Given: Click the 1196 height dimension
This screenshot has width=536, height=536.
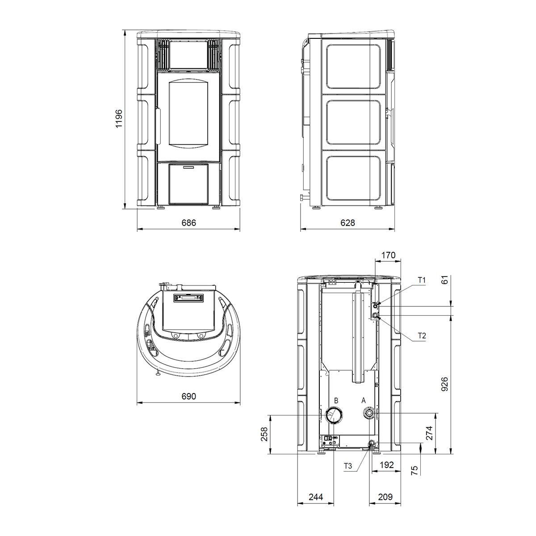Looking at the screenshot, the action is tap(119, 118).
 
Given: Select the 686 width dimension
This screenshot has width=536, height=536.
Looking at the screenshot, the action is tap(189, 222).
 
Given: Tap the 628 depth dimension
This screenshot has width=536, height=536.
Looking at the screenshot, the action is tap(348, 222).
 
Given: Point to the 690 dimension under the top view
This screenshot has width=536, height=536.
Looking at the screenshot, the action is tap(189, 396).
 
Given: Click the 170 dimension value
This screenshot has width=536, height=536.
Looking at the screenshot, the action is tap(388, 255).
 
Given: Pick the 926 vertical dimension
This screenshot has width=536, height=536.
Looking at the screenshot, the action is tap(445, 384).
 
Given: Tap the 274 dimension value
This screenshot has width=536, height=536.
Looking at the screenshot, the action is tap(430, 433).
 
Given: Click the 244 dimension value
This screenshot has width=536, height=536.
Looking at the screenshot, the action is tap(316, 497).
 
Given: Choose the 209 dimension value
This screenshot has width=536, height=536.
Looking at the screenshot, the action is tap(385, 497).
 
